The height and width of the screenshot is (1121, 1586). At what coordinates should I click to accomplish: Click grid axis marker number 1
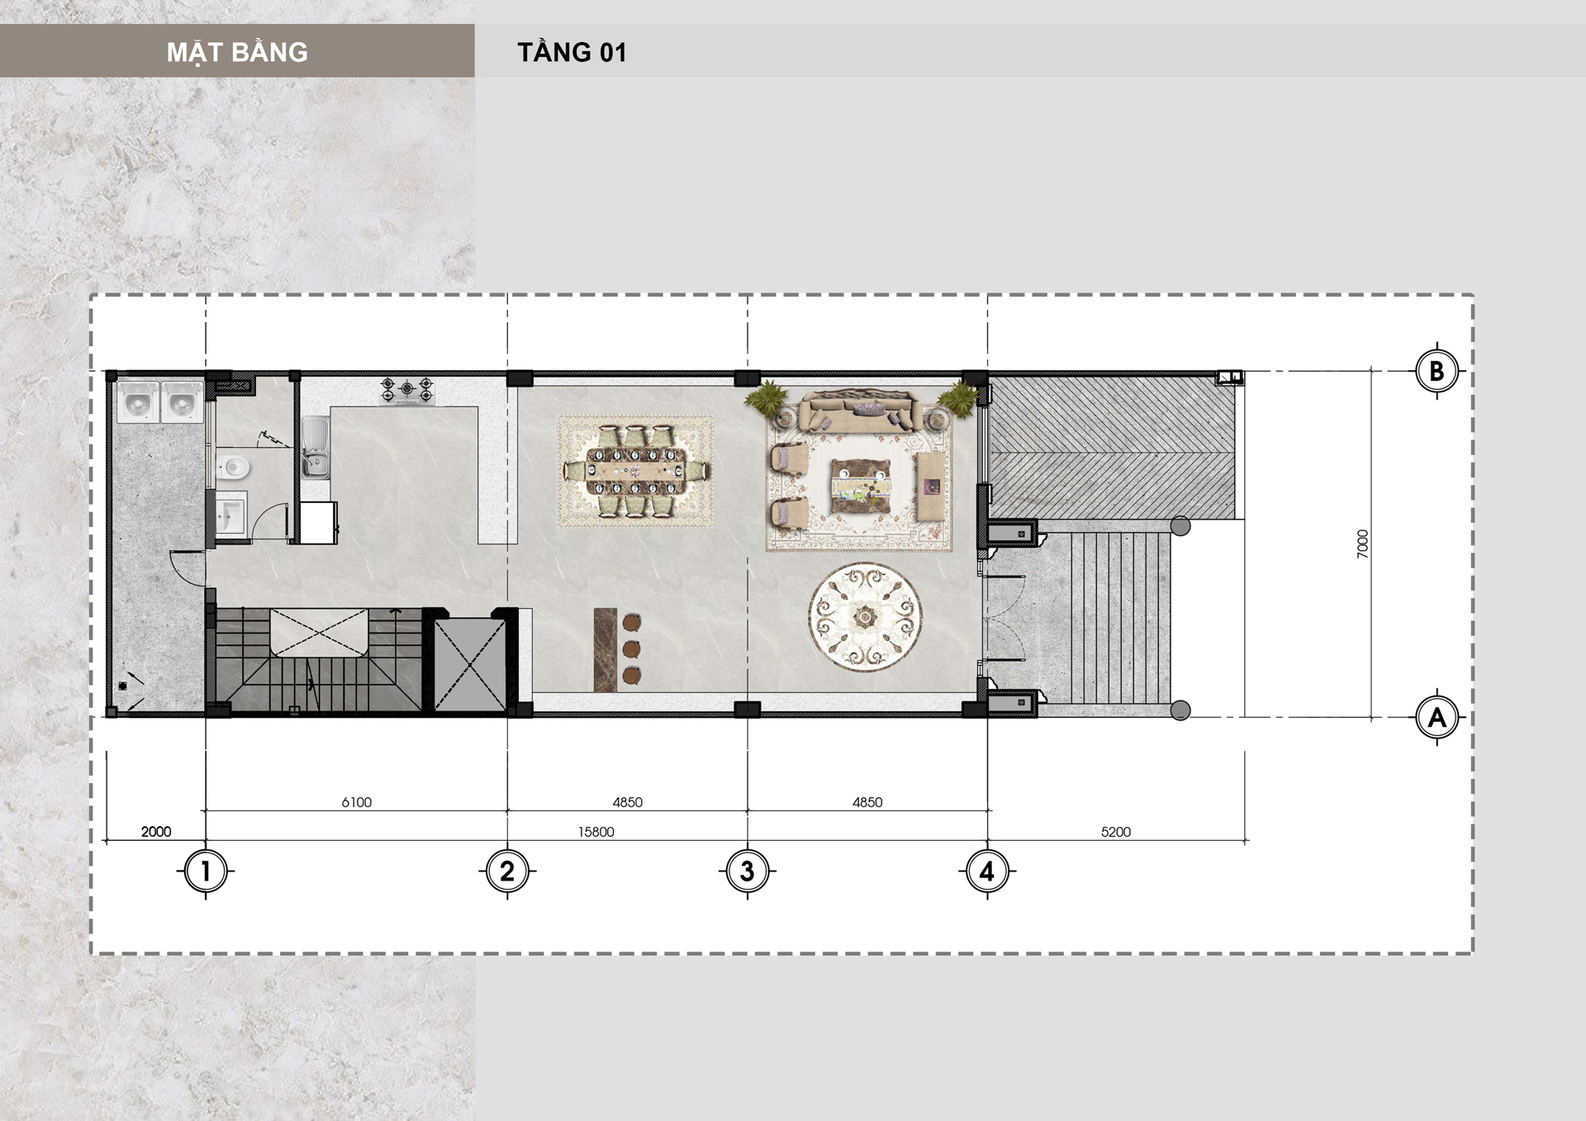point(206,871)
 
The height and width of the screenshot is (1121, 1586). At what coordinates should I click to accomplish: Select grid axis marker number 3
point(748,871)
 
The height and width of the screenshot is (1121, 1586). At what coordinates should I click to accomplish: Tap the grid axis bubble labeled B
point(1436,371)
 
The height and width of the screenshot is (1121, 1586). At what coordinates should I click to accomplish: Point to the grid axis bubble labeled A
point(1436,717)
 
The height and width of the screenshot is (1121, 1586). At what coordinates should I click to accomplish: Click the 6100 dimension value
point(357,802)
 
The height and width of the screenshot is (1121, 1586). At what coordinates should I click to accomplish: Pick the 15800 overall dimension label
point(596,832)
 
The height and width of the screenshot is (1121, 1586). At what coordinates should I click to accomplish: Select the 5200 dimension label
point(1116,832)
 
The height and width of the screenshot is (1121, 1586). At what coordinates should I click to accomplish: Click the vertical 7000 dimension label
point(1363,544)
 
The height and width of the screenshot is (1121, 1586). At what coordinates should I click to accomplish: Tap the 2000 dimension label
point(156,832)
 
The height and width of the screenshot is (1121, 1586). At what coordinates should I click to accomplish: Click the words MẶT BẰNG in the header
point(237,52)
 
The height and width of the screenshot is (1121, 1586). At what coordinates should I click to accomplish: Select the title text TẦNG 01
point(572,52)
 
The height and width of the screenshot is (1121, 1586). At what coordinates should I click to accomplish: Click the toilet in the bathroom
point(232,468)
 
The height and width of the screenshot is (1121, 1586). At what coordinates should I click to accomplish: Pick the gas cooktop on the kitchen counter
point(406,391)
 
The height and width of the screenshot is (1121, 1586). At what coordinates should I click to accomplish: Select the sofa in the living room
point(860,411)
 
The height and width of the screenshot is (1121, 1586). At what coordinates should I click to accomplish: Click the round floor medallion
point(865,616)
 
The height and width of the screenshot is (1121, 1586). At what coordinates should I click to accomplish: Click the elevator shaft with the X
point(469,664)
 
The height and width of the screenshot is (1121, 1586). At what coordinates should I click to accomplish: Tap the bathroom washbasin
point(230,515)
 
